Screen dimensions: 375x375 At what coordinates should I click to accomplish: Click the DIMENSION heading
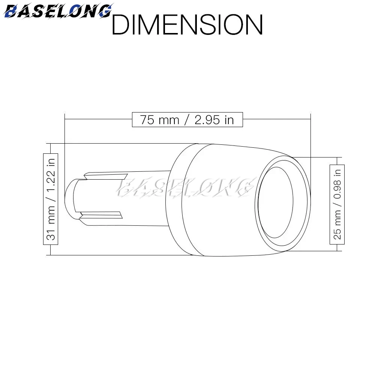187,25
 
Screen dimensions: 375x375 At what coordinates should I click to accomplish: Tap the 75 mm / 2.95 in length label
187,120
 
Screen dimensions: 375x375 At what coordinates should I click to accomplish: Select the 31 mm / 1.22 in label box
51,199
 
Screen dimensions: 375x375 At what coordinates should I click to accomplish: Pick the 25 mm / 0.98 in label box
337,204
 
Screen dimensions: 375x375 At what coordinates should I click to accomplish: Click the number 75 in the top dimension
147,120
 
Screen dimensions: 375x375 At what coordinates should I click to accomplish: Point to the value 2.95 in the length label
207,120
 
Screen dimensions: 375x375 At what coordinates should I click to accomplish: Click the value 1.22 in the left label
51,180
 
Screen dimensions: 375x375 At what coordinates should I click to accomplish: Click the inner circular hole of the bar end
276,202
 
